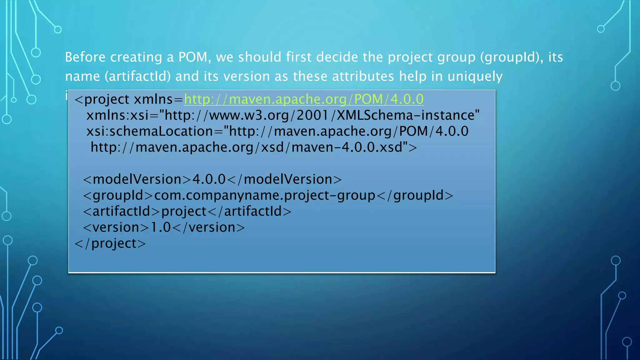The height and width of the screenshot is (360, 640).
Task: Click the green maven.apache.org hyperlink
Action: (x=304, y=99)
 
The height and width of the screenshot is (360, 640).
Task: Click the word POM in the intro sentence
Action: (x=193, y=57)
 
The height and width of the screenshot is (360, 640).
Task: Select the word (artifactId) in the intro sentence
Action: (x=138, y=77)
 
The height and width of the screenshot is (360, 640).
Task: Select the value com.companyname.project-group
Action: (x=264, y=196)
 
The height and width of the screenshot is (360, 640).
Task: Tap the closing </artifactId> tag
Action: (x=249, y=212)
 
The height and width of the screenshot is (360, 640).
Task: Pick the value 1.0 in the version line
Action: (x=161, y=227)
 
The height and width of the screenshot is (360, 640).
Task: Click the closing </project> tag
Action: (x=110, y=243)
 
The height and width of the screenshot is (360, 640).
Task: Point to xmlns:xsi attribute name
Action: (x=117, y=116)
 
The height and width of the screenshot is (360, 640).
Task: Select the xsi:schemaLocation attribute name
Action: (x=149, y=132)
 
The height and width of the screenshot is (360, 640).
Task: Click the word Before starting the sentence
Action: (x=85, y=57)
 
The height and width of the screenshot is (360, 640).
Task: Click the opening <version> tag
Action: (x=116, y=227)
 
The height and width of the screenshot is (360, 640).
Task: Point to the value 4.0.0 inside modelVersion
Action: (x=209, y=179)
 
